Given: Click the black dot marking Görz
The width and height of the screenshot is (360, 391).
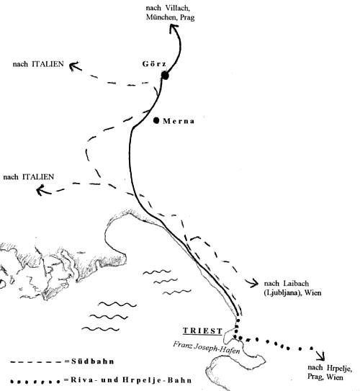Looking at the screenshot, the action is [165, 75].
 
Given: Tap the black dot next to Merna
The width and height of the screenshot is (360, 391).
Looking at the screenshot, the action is [156, 121].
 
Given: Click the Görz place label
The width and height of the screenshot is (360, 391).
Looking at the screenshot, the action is [154, 64].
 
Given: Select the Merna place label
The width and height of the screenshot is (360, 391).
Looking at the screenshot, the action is [179, 121].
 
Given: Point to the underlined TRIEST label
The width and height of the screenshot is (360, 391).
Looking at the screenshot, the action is [202, 331].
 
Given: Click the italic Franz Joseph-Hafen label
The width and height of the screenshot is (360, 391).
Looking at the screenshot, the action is [207, 348].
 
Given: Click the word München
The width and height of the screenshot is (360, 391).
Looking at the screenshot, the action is [160, 17].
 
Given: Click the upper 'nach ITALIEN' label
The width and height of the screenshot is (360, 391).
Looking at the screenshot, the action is [38, 64].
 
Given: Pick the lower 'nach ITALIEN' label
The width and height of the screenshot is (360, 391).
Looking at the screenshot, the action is [28, 177].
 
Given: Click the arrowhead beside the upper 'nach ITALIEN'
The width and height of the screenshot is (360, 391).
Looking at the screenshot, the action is [74, 66].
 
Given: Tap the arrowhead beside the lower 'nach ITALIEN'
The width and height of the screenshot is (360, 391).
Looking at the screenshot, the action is [42, 190].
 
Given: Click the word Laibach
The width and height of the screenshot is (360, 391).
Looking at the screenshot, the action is [296, 284].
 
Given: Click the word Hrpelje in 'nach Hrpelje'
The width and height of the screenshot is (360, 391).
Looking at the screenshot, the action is [339, 368].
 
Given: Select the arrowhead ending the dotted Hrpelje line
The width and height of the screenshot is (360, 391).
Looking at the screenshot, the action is [321, 356].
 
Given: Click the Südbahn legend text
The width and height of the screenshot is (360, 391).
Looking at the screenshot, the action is [93, 361].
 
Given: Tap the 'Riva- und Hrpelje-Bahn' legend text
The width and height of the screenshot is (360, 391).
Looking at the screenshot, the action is [131, 380].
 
